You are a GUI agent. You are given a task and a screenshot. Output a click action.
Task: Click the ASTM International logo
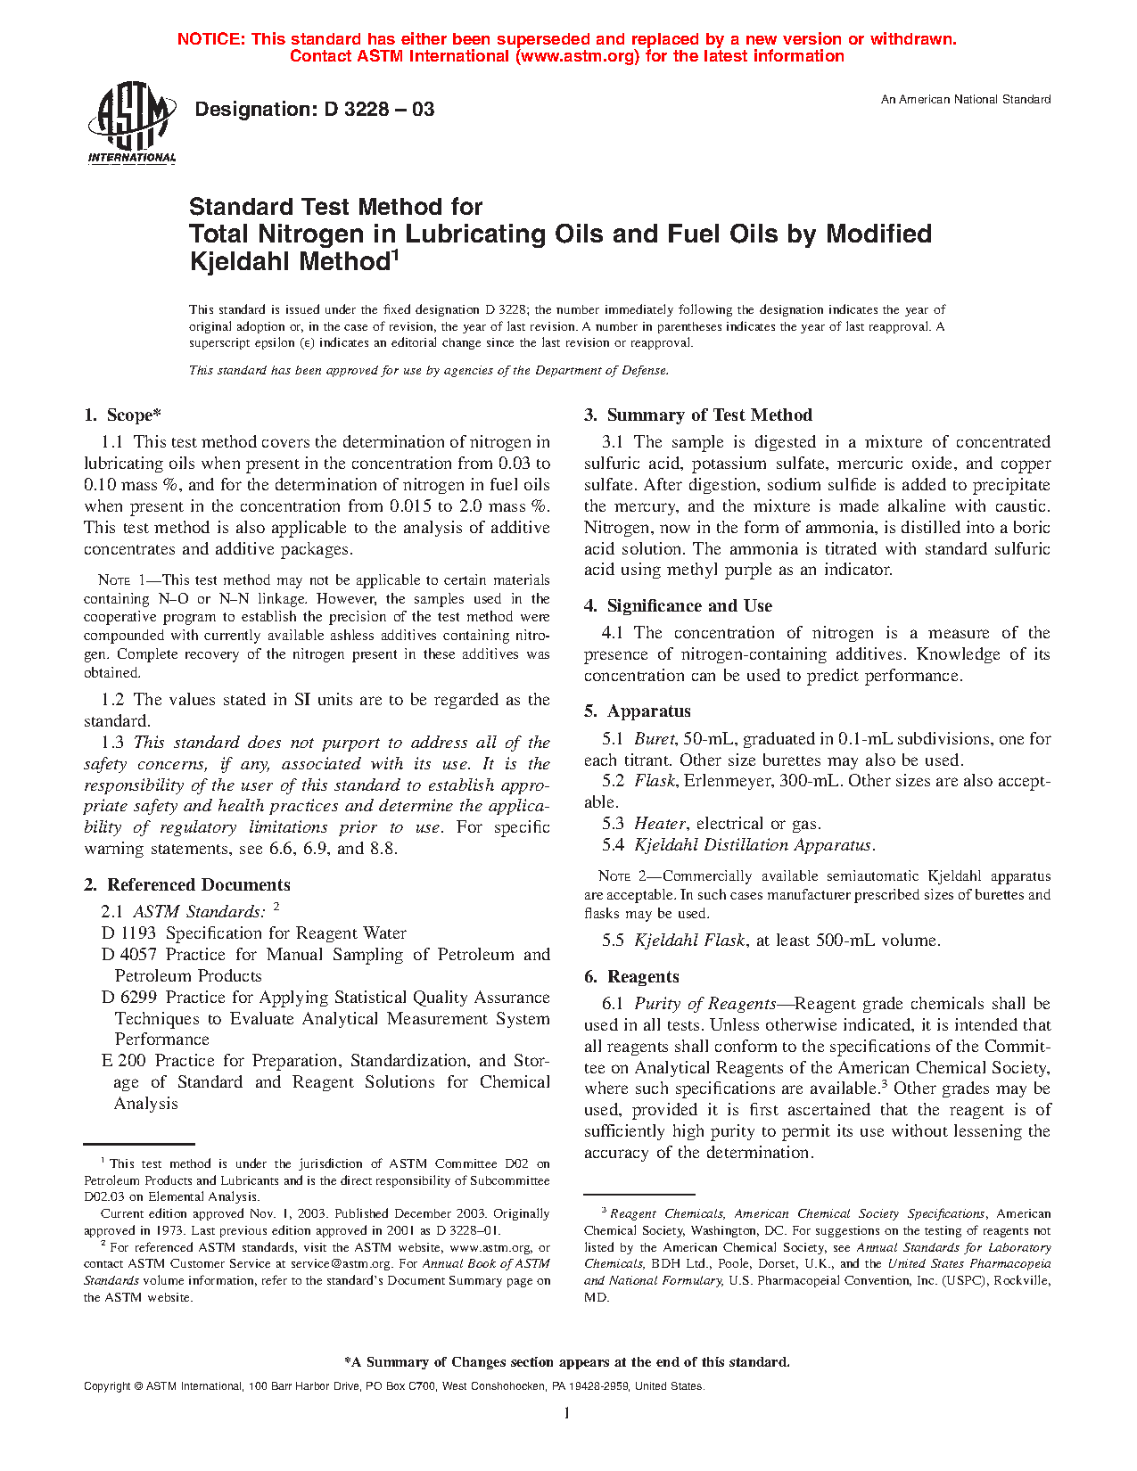(x=132, y=122)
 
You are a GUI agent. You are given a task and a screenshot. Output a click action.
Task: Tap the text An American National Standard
(x=965, y=100)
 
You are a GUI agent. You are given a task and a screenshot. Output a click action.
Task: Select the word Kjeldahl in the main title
(x=243, y=262)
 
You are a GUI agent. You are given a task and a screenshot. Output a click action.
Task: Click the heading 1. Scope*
(x=122, y=415)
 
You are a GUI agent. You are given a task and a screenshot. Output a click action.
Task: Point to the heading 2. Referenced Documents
(x=187, y=885)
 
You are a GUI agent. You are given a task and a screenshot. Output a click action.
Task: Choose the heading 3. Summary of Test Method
(x=697, y=415)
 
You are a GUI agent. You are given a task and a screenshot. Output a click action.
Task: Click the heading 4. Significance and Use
(x=678, y=606)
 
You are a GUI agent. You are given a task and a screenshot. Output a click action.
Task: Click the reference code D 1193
(x=129, y=933)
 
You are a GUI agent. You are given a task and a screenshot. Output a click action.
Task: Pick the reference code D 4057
(x=129, y=955)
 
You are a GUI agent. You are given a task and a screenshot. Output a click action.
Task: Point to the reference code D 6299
(x=129, y=998)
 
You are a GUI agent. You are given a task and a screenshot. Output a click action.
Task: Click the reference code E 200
(x=124, y=1061)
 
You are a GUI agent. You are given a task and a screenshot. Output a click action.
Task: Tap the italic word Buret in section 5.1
(x=655, y=739)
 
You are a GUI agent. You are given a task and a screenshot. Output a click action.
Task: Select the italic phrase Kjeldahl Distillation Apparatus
(x=753, y=845)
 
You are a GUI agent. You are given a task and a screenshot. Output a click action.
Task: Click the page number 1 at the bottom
(x=567, y=1413)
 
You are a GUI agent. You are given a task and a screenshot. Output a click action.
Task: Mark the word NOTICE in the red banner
(x=210, y=39)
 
